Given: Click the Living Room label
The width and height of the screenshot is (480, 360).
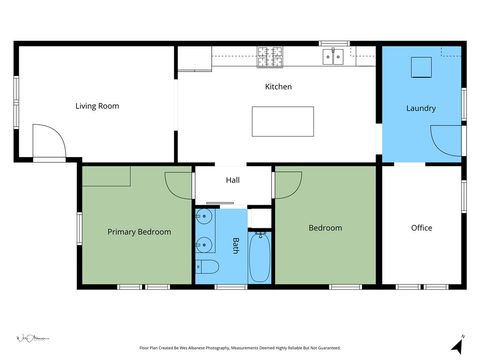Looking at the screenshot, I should coord(97,105).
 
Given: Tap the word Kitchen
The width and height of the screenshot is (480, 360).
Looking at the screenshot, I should coord(278,87).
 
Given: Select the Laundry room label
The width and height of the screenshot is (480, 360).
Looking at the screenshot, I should coord(421,107).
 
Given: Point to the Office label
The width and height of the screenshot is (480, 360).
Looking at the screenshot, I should coord(421,228).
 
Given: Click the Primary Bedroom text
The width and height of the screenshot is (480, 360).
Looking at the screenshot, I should coord(139,232).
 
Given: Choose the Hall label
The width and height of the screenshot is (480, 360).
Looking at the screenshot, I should coord(232,180).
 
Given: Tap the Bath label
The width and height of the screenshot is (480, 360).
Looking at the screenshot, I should coord(236,245).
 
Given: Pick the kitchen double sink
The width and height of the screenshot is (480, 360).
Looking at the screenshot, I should coord(333,57).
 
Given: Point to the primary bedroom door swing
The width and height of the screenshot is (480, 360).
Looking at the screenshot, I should coord(178,183).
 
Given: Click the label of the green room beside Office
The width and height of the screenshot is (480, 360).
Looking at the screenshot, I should coord(325,228).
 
